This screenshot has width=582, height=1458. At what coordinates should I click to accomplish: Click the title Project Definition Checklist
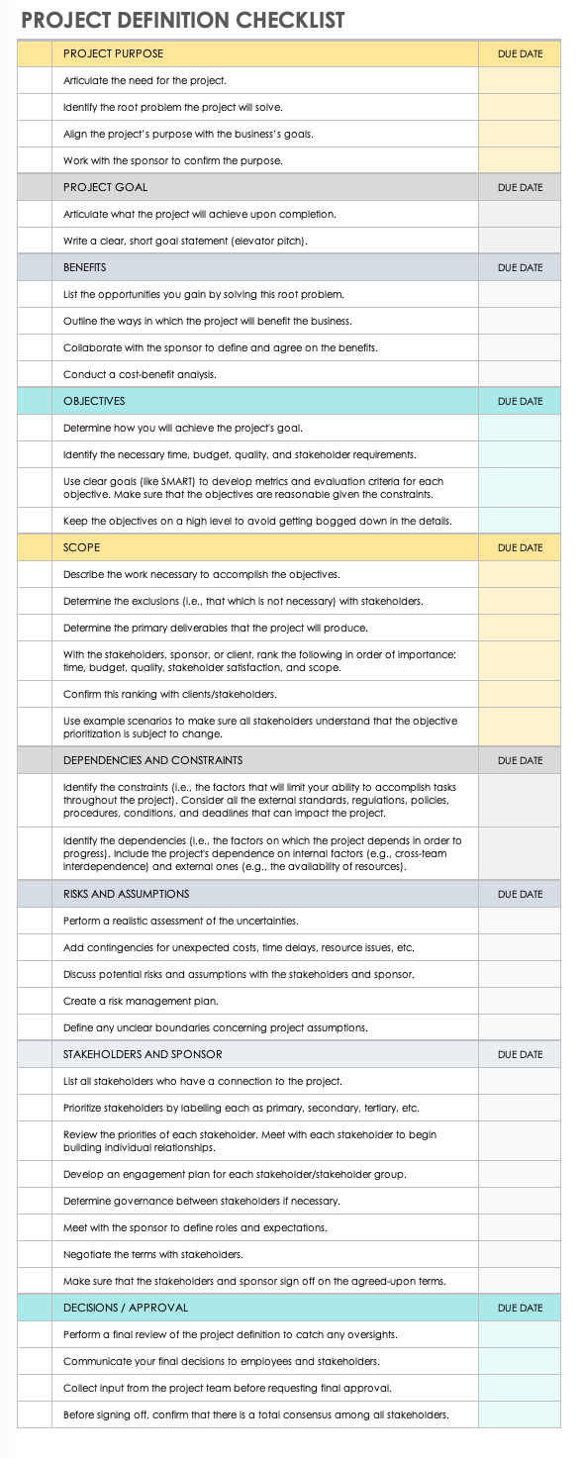pyautogui.click(x=182, y=20)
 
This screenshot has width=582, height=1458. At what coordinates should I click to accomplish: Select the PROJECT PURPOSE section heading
pyautogui.click(x=113, y=53)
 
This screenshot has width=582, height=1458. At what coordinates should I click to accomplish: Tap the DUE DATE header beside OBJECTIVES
pyautogui.click(x=520, y=401)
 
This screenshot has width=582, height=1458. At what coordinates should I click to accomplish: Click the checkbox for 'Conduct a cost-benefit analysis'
pyautogui.click(x=34, y=374)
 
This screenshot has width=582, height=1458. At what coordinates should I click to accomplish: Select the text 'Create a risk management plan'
pyautogui.click(x=141, y=1001)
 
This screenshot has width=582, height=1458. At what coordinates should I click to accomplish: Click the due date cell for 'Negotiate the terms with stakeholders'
pyautogui.click(x=520, y=1254)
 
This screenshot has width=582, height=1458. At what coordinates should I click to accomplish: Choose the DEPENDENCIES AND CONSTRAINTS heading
pyautogui.click(x=152, y=760)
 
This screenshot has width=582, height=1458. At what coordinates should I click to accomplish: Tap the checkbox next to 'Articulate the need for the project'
pyautogui.click(x=34, y=80)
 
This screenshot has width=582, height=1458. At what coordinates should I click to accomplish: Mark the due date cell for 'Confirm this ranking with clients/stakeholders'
pyautogui.click(x=520, y=694)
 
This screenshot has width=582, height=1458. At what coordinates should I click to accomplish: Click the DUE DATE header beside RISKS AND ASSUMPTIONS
pyautogui.click(x=520, y=894)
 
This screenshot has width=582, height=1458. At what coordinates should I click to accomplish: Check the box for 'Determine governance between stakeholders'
pyautogui.click(x=34, y=1201)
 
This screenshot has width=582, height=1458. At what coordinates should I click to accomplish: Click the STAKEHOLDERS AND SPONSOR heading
pyautogui.click(x=143, y=1054)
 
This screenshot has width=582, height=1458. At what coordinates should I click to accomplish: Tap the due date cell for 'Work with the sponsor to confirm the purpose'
pyautogui.click(x=520, y=160)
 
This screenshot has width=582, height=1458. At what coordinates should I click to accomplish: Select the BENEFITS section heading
pyautogui.click(x=84, y=267)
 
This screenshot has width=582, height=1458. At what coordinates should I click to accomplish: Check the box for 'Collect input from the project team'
pyautogui.click(x=34, y=1388)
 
